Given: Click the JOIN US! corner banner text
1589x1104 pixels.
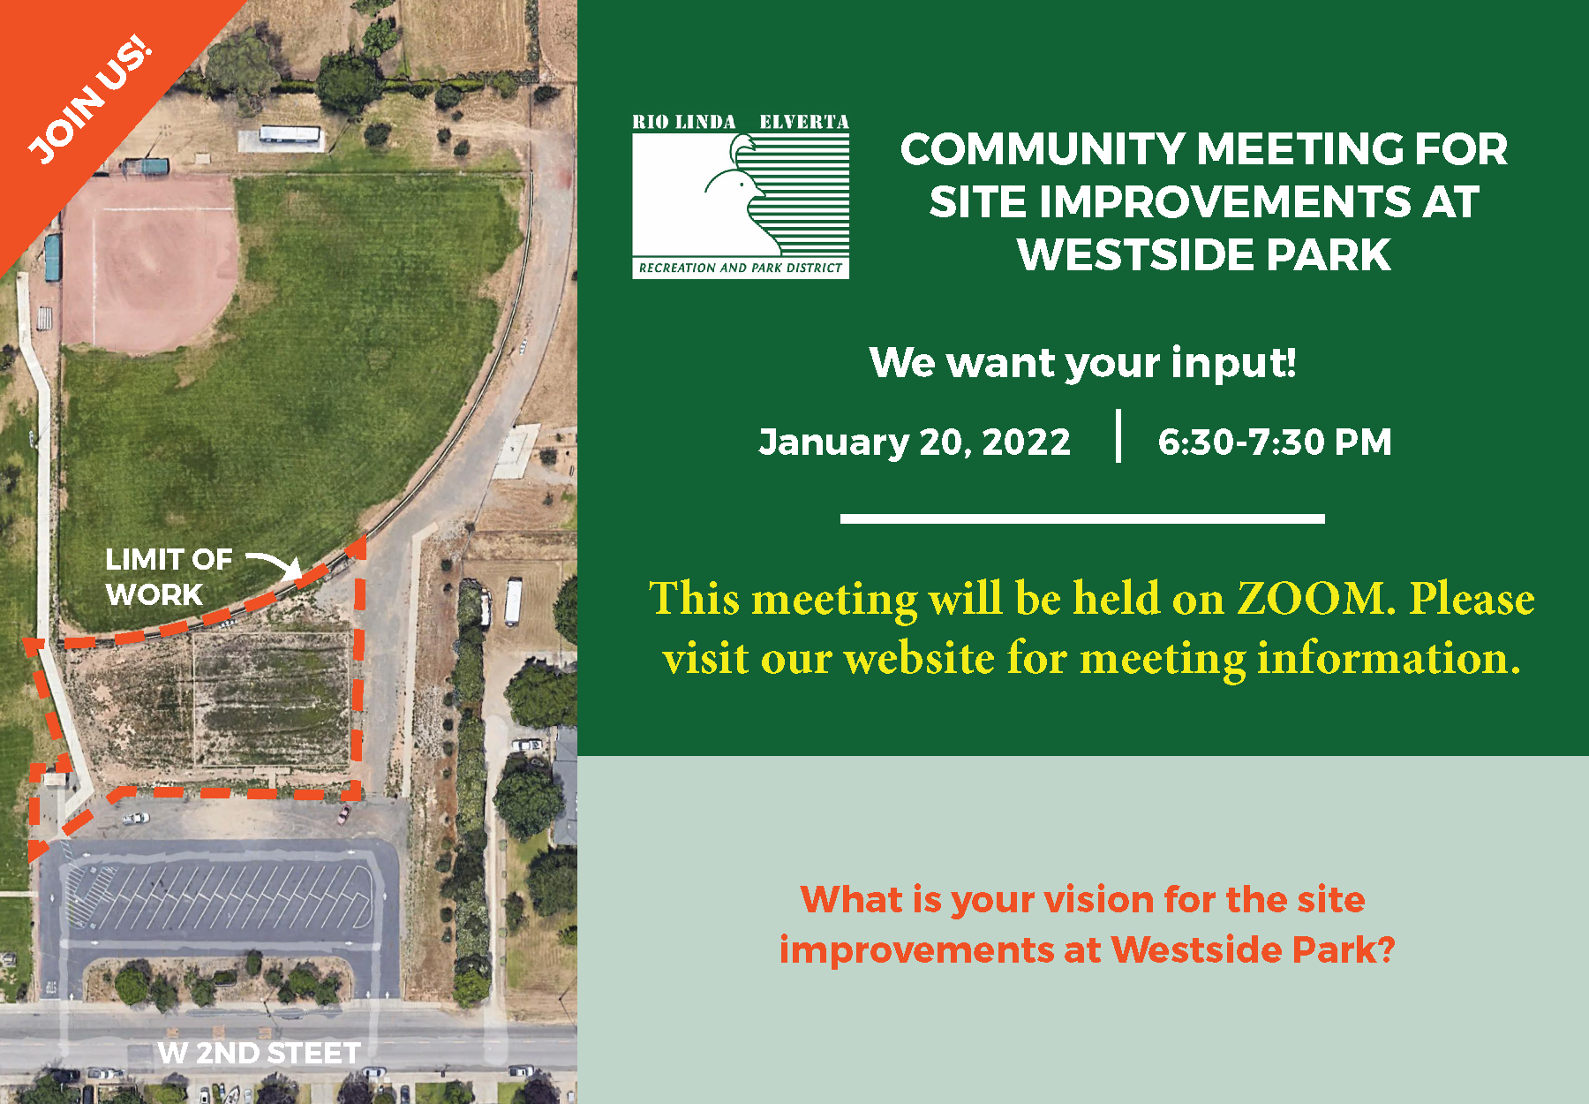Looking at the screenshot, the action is pos(89,100).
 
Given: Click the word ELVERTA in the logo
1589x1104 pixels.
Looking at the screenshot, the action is pos(804,122).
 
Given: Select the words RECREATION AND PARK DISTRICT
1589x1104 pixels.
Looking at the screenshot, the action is pos(741,268).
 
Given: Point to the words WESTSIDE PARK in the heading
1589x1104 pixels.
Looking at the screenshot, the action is pos(1204,255).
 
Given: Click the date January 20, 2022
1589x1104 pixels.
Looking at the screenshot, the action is pos(915,442).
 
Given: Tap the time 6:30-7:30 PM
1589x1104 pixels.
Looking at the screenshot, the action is pos(1275,442).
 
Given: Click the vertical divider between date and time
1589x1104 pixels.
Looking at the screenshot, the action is pos(1118,435).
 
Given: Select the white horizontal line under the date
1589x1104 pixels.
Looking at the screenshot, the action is pos(1082,518).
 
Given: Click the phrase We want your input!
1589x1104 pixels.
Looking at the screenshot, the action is pos(1083,362).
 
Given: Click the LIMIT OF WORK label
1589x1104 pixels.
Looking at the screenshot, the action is pos(169,577).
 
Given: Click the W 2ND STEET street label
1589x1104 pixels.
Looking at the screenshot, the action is pos(259,1053).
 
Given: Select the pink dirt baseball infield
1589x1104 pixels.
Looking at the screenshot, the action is pos(150,261).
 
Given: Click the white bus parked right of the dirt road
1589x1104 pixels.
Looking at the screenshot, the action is pos(513,601).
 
